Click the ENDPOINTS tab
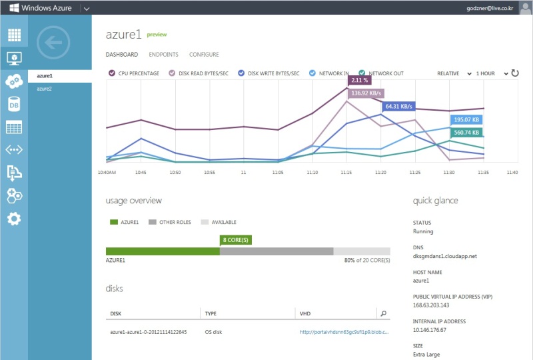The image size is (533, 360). point(163,55)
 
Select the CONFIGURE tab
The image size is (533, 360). point(204,55)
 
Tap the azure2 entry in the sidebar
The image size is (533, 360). point(44,89)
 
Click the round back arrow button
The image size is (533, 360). point(53,43)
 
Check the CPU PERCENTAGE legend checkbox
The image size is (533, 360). point(112,73)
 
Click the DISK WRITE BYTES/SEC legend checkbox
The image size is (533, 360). point(241,73)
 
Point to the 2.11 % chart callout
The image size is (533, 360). point(359,80)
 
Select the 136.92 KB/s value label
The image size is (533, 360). point(366,93)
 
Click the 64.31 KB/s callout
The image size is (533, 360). point(398,107)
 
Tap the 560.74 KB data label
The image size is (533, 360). point(466,133)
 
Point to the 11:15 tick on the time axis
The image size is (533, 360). point(346,173)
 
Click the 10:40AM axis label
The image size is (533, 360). point(107,173)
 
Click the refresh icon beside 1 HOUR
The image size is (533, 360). point(515,73)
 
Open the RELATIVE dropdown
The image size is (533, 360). point(454,73)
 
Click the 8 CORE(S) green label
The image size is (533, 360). point(236,240)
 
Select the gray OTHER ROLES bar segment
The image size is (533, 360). point(276,251)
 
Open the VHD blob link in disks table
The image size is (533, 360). point(344,332)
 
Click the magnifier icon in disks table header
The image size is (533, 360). point(384,313)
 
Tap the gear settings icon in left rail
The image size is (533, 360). point(14,219)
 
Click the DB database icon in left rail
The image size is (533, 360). point(14,105)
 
